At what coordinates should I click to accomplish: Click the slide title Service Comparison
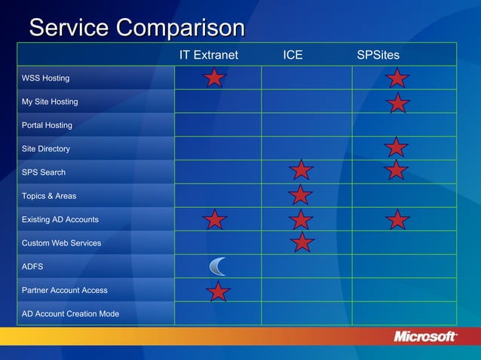[136, 28]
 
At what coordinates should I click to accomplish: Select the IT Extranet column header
[208, 55]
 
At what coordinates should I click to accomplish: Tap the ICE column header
[293, 55]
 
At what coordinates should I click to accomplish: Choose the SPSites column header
[378, 55]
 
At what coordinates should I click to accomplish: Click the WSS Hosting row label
[45, 78]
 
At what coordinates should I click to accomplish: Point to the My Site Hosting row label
[49, 102]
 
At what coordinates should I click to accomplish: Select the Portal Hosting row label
[47, 125]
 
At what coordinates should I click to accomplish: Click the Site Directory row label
[45, 149]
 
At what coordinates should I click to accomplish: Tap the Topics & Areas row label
[49, 196]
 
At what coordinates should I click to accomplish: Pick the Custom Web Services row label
[61, 243]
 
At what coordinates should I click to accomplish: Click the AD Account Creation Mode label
[70, 314]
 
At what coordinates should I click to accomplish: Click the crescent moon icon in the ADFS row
[217, 266]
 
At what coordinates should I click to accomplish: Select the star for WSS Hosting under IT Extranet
[215, 78]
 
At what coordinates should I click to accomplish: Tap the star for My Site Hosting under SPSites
[399, 103]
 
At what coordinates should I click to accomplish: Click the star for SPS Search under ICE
[302, 170]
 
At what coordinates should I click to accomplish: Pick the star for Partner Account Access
[219, 291]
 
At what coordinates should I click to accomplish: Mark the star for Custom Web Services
[302, 242]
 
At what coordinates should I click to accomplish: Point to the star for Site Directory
[396, 147]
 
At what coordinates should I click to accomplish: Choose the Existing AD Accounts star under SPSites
[398, 219]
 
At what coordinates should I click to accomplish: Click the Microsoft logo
[425, 337]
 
